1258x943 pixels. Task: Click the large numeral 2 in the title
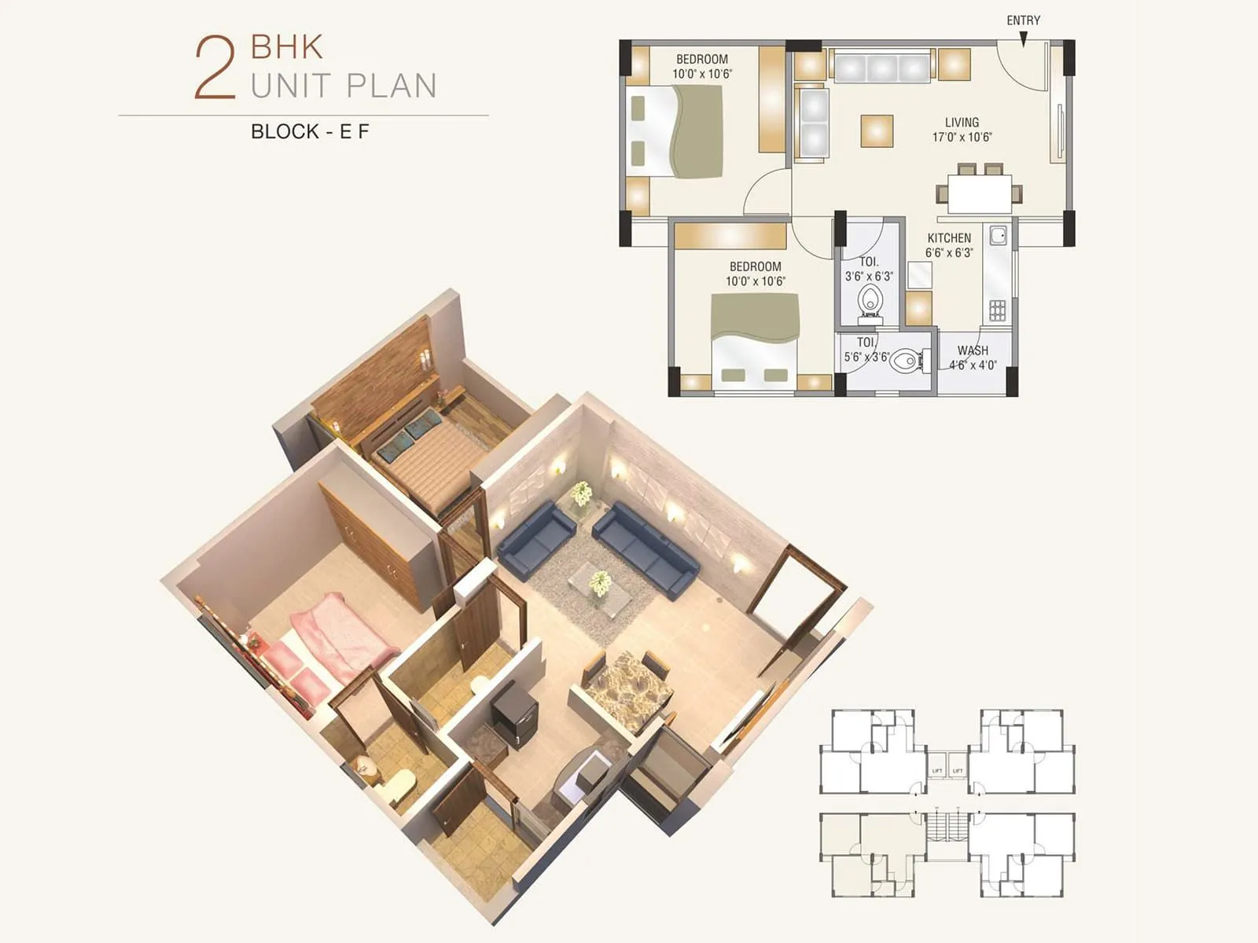click(215, 69)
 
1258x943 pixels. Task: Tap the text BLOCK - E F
click(310, 131)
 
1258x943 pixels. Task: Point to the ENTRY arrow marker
click(1023, 39)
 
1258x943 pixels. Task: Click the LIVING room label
click(962, 123)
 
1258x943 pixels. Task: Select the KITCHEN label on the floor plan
click(949, 238)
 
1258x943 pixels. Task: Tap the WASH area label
click(973, 350)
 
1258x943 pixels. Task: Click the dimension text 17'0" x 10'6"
click(962, 138)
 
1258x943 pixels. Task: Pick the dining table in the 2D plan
click(979, 193)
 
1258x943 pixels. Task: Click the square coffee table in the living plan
click(877, 131)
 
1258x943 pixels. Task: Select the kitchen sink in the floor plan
click(998, 236)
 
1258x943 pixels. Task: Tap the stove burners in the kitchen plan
click(997, 310)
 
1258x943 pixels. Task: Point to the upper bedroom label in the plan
click(701, 60)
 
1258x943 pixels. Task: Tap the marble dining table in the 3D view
click(628, 688)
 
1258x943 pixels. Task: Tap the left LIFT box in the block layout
click(936, 771)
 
